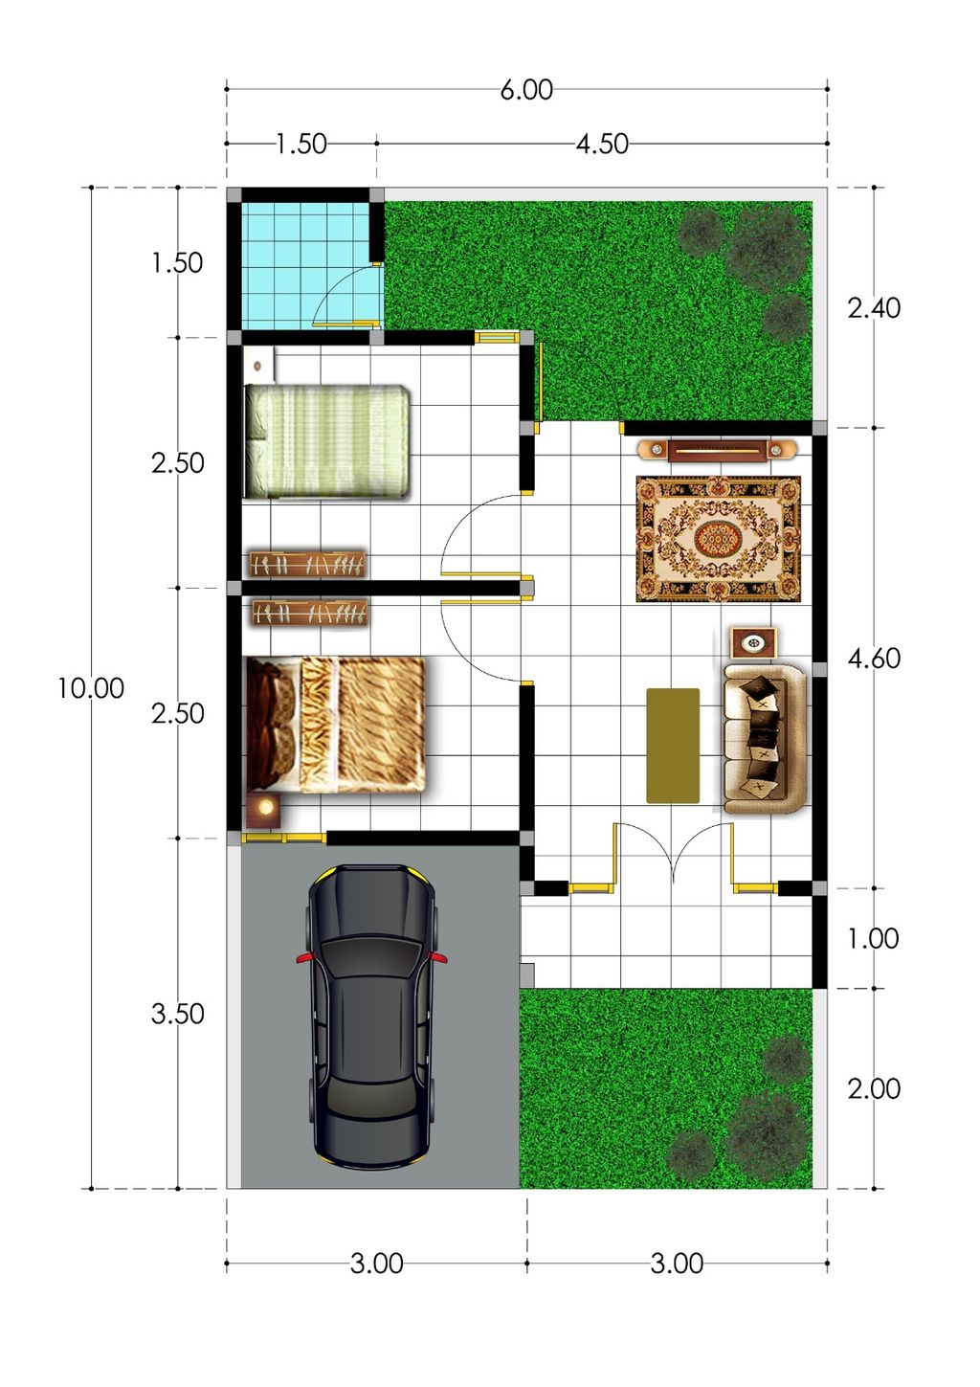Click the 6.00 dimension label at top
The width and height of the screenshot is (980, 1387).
526,90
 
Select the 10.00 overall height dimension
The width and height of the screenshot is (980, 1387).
91,688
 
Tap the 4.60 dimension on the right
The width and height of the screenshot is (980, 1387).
874,659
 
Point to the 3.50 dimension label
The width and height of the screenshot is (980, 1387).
178,1014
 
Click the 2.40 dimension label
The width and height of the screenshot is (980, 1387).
874,307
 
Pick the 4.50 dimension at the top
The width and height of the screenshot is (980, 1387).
602,144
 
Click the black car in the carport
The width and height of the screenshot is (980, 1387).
371,1015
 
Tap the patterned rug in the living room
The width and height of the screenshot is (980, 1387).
718,539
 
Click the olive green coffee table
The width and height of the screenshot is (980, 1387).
673,745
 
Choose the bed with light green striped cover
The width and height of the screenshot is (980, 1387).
327,441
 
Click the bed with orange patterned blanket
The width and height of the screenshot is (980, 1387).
335,725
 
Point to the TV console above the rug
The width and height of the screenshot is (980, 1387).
718,449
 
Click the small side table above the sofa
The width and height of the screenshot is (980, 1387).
753,642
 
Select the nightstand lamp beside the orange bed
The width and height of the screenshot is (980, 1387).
264,810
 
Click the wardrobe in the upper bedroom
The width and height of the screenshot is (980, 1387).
307,564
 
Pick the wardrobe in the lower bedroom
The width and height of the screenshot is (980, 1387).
309,613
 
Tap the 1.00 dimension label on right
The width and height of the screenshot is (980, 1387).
873,939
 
